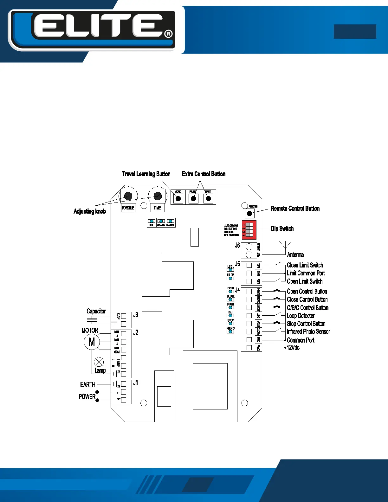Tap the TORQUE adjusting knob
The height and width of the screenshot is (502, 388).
click(128, 196)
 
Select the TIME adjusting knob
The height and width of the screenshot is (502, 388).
click(157, 196)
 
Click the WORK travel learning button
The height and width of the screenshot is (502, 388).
click(178, 198)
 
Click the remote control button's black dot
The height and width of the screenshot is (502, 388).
click(249, 213)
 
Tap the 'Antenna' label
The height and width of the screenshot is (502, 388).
click(295, 255)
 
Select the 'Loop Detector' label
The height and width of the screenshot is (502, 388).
click(301, 316)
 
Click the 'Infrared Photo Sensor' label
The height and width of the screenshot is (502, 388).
click(308, 331)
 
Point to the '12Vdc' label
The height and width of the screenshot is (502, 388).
click(293, 348)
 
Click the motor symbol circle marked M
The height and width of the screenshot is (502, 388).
click(92, 342)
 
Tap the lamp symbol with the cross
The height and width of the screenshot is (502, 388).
click(99, 362)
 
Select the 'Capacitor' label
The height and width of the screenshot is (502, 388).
click(96, 311)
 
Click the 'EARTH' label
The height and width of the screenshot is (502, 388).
click(87, 384)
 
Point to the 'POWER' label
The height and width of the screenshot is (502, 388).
click(87, 396)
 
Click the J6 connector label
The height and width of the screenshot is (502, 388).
click(237, 245)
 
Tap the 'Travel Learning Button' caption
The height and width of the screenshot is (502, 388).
click(146, 174)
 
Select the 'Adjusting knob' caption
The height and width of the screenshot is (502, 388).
click(90, 211)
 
